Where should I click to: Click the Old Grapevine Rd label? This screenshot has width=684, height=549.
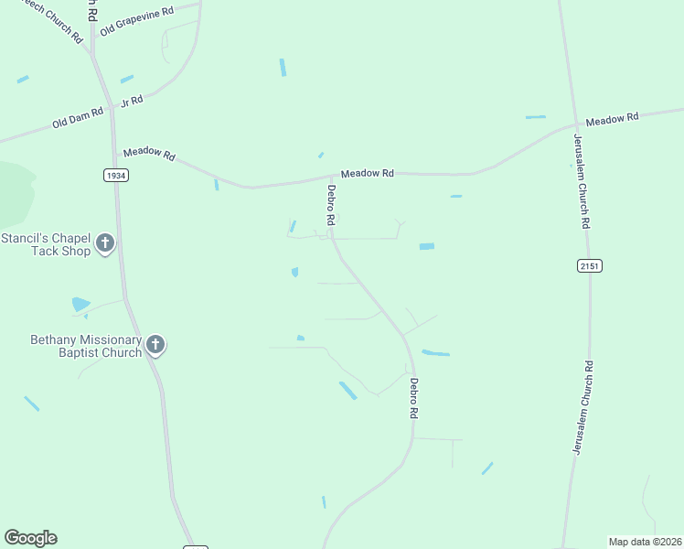tap(137, 20)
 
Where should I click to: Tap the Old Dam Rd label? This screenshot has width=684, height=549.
tap(77, 119)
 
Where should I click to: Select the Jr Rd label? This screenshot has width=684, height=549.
tap(133, 101)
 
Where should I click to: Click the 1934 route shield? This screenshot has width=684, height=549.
tap(115, 175)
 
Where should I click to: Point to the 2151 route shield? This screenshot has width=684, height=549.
tap(590, 265)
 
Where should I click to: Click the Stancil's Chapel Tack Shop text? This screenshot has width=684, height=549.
tap(47, 244)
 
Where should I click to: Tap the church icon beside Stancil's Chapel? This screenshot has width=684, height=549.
tap(106, 243)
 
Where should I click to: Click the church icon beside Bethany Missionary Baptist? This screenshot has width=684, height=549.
tap(156, 345)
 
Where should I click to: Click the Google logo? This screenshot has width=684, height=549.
tap(30, 538)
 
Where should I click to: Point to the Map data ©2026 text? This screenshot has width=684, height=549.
tap(645, 542)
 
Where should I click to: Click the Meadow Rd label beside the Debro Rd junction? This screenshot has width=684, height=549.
tap(367, 173)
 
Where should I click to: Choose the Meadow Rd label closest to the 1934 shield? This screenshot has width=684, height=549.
tap(149, 154)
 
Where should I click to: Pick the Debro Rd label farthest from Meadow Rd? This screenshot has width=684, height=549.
tap(413, 399)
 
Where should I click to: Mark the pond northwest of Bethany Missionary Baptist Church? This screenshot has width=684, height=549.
tap(80, 304)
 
